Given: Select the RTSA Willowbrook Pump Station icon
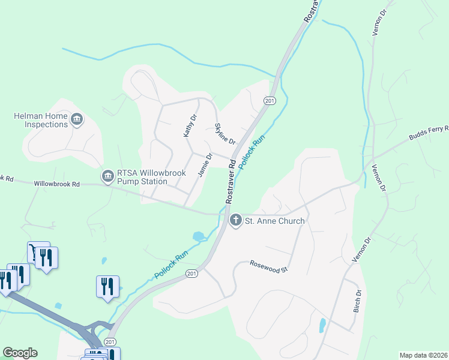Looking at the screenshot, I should tap(107, 176).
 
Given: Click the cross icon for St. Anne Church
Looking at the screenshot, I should tap(236, 220).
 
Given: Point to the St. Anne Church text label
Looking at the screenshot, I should tap(275, 221).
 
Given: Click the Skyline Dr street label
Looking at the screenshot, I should tap(224, 133).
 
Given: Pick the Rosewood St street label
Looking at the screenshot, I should tap(270, 266).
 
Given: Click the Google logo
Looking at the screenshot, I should tap(20, 353).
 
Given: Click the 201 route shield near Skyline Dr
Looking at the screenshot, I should tap(270, 101).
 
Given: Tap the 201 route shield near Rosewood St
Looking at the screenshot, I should tap(191, 274).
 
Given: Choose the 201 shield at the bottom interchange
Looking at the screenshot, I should tap(110, 341).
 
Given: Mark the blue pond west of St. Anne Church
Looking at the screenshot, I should tap(198, 236).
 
